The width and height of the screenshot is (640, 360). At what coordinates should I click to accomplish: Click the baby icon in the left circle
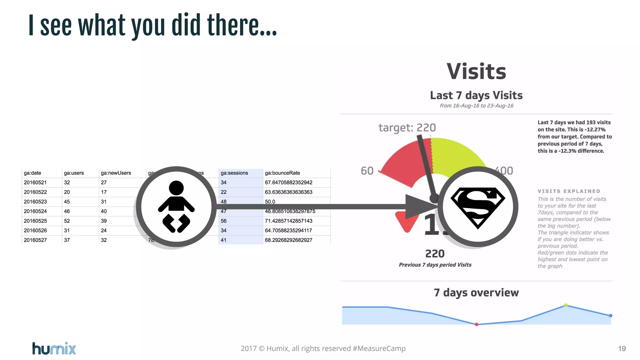176,207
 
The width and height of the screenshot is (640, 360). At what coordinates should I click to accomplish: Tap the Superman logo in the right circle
477,207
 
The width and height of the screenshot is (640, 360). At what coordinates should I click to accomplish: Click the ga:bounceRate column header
282,173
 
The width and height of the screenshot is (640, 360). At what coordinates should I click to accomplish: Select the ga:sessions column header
234,173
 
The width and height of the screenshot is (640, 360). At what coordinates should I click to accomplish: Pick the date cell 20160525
35,221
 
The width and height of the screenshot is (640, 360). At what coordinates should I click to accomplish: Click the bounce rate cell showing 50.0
270,202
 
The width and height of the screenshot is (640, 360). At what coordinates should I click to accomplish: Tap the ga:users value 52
67,221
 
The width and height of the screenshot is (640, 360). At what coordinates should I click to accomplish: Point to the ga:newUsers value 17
104,192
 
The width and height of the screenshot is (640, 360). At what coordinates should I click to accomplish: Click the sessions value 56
223,221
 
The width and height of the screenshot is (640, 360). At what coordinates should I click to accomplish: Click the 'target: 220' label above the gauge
407,127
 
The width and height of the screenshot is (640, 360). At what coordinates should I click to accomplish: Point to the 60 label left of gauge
367,171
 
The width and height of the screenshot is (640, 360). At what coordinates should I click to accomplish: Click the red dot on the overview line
476,324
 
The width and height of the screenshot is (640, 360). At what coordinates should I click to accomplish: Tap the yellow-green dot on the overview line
566,305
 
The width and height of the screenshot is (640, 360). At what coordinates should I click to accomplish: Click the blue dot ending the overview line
611,316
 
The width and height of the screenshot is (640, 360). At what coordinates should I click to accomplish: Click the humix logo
54,348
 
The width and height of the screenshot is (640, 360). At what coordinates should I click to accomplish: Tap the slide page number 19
622,349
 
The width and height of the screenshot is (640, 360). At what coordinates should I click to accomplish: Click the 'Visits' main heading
476,72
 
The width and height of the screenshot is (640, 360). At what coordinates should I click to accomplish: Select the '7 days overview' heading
476,292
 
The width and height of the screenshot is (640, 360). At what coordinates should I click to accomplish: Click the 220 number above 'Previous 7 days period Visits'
435,254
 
